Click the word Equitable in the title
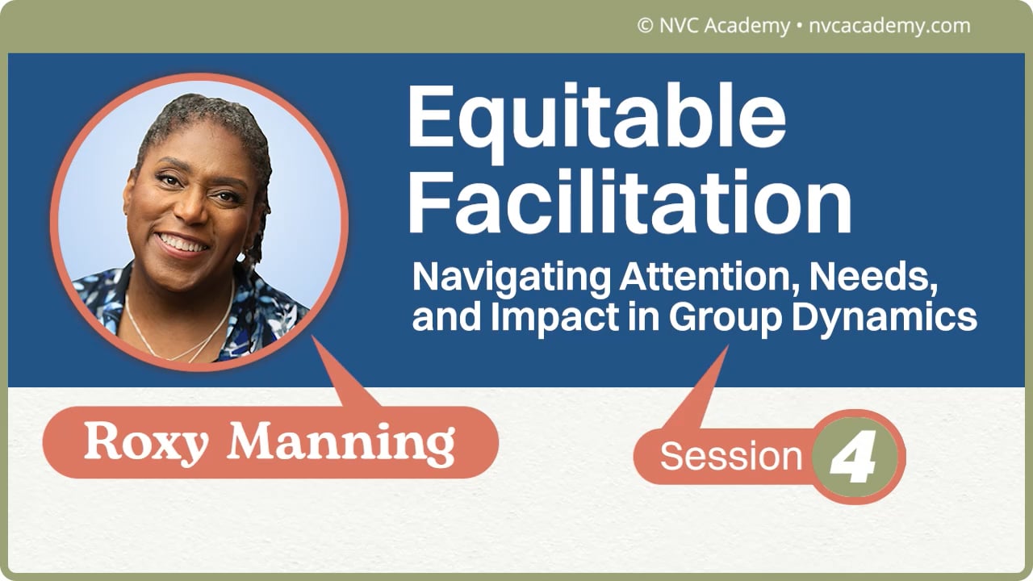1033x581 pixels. [596, 123]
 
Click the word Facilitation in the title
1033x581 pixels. [630, 202]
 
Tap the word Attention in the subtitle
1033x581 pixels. [711, 277]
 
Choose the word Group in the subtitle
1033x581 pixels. [725, 318]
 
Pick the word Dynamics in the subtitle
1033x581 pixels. [885, 318]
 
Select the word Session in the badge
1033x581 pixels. [731, 456]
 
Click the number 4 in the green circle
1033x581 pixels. [853, 457]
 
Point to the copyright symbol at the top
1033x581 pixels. [645, 26]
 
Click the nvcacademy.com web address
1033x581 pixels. [889, 27]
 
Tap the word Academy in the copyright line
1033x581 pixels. [747, 27]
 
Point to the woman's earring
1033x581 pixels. [240, 257]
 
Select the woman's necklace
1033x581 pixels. [180, 331]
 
